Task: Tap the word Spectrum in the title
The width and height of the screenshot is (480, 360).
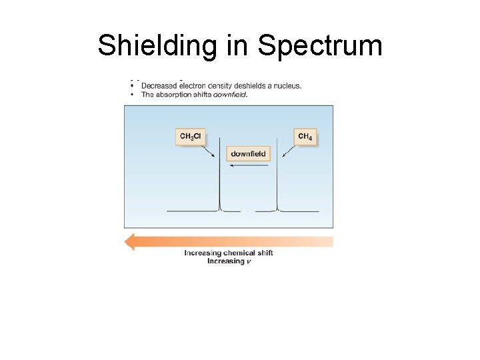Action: click(x=320, y=46)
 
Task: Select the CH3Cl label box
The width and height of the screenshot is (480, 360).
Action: click(x=190, y=137)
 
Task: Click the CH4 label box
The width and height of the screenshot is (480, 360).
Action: click(x=305, y=137)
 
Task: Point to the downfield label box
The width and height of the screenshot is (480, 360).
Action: click(x=248, y=154)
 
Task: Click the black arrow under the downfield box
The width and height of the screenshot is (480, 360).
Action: click(x=248, y=167)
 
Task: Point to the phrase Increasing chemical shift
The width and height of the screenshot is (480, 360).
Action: click(x=229, y=253)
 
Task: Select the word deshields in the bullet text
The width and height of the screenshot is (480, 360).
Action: click(x=248, y=86)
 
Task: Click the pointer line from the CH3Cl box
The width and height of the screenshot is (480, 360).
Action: click(x=209, y=152)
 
